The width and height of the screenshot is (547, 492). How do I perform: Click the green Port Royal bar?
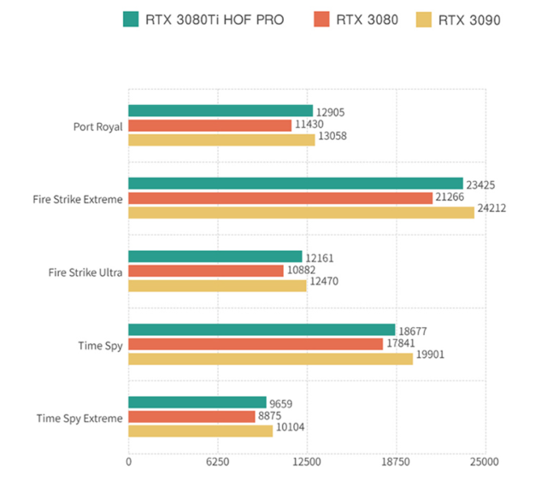pos(221,111)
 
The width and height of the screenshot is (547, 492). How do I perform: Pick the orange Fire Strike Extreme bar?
pos(280,198)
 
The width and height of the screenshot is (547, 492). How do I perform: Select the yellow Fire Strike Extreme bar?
pos(301,213)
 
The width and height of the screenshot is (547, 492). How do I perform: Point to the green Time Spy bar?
pos(262,330)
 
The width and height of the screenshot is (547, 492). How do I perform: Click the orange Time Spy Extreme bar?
pos(191,417)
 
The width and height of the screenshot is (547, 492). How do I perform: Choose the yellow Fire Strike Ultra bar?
pos(217,285)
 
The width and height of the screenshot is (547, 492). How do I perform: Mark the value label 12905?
pos(330,112)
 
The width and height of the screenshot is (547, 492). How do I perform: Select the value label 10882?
pos(300,271)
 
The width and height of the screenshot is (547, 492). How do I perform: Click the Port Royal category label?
pos(97,126)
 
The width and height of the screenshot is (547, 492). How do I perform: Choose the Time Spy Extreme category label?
pos(79,418)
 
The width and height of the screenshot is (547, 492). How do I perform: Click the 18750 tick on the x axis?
pos(396,462)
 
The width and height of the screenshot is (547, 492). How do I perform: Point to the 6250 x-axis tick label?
pos(217,462)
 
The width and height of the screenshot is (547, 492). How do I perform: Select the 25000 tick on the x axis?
pos(485,462)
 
